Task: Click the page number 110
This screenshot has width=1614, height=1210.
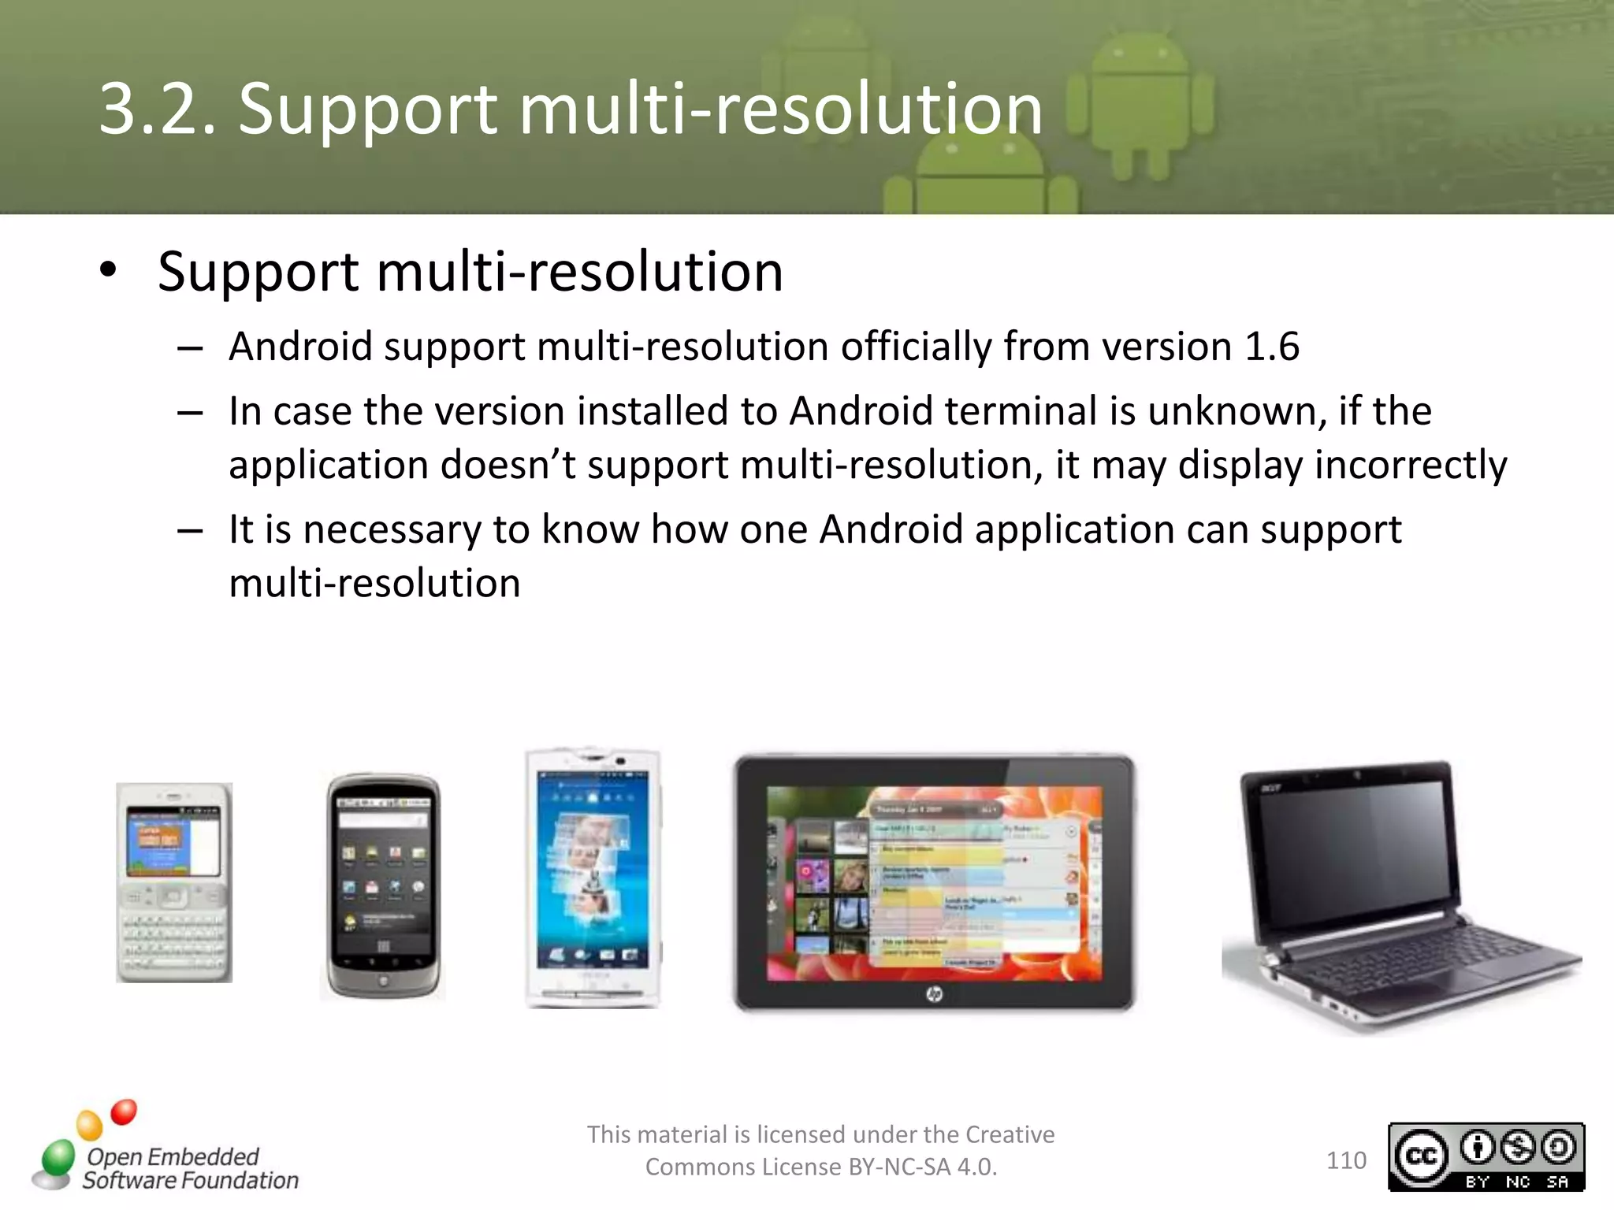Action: (1346, 1160)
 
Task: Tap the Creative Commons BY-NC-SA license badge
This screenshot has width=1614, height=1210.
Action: (1486, 1156)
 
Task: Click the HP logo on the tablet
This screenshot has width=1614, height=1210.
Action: (934, 994)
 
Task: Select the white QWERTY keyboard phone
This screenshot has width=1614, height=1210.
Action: (174, 882)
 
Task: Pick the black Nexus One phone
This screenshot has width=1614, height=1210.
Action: (383, 886)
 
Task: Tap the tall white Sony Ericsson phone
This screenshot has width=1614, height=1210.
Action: (593, 878)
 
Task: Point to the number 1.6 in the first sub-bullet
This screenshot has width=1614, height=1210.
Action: (1271, 347)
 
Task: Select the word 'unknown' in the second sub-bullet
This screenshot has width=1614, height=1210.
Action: (1237, 411)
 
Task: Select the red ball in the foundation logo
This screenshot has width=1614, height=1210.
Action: (124, 1112)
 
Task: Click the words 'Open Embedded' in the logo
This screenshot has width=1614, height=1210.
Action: (173, 1156)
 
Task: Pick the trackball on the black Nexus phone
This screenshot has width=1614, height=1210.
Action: (383, 982)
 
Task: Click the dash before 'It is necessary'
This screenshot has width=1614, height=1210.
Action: (190, 531)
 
